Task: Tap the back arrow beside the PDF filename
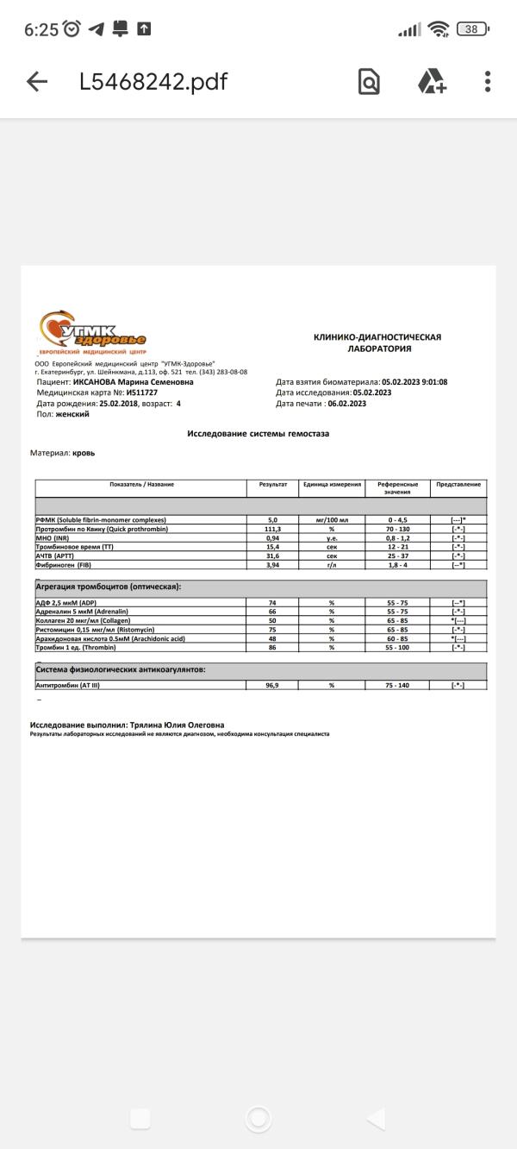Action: tap(37, 82)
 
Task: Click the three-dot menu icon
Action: tap(488, 82)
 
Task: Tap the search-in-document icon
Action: tap(369, 82)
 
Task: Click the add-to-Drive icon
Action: tap(432, 82)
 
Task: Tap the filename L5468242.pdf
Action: tap(153, 82)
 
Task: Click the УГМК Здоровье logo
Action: tap(92, 333)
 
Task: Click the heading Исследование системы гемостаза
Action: tap(258, 434)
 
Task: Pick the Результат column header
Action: tap(272, 485)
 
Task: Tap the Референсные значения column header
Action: tap(397, 487)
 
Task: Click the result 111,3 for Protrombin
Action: tap(272, 529)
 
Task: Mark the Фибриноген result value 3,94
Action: tap(272, 565)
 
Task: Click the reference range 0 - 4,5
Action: tap(397, 520)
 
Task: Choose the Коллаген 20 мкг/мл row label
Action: tap(78, 620)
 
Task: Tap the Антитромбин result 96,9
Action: tap(272, 685)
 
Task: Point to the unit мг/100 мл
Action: tap(331, 520)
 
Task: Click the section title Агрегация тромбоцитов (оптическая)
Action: tap(108, 587)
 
